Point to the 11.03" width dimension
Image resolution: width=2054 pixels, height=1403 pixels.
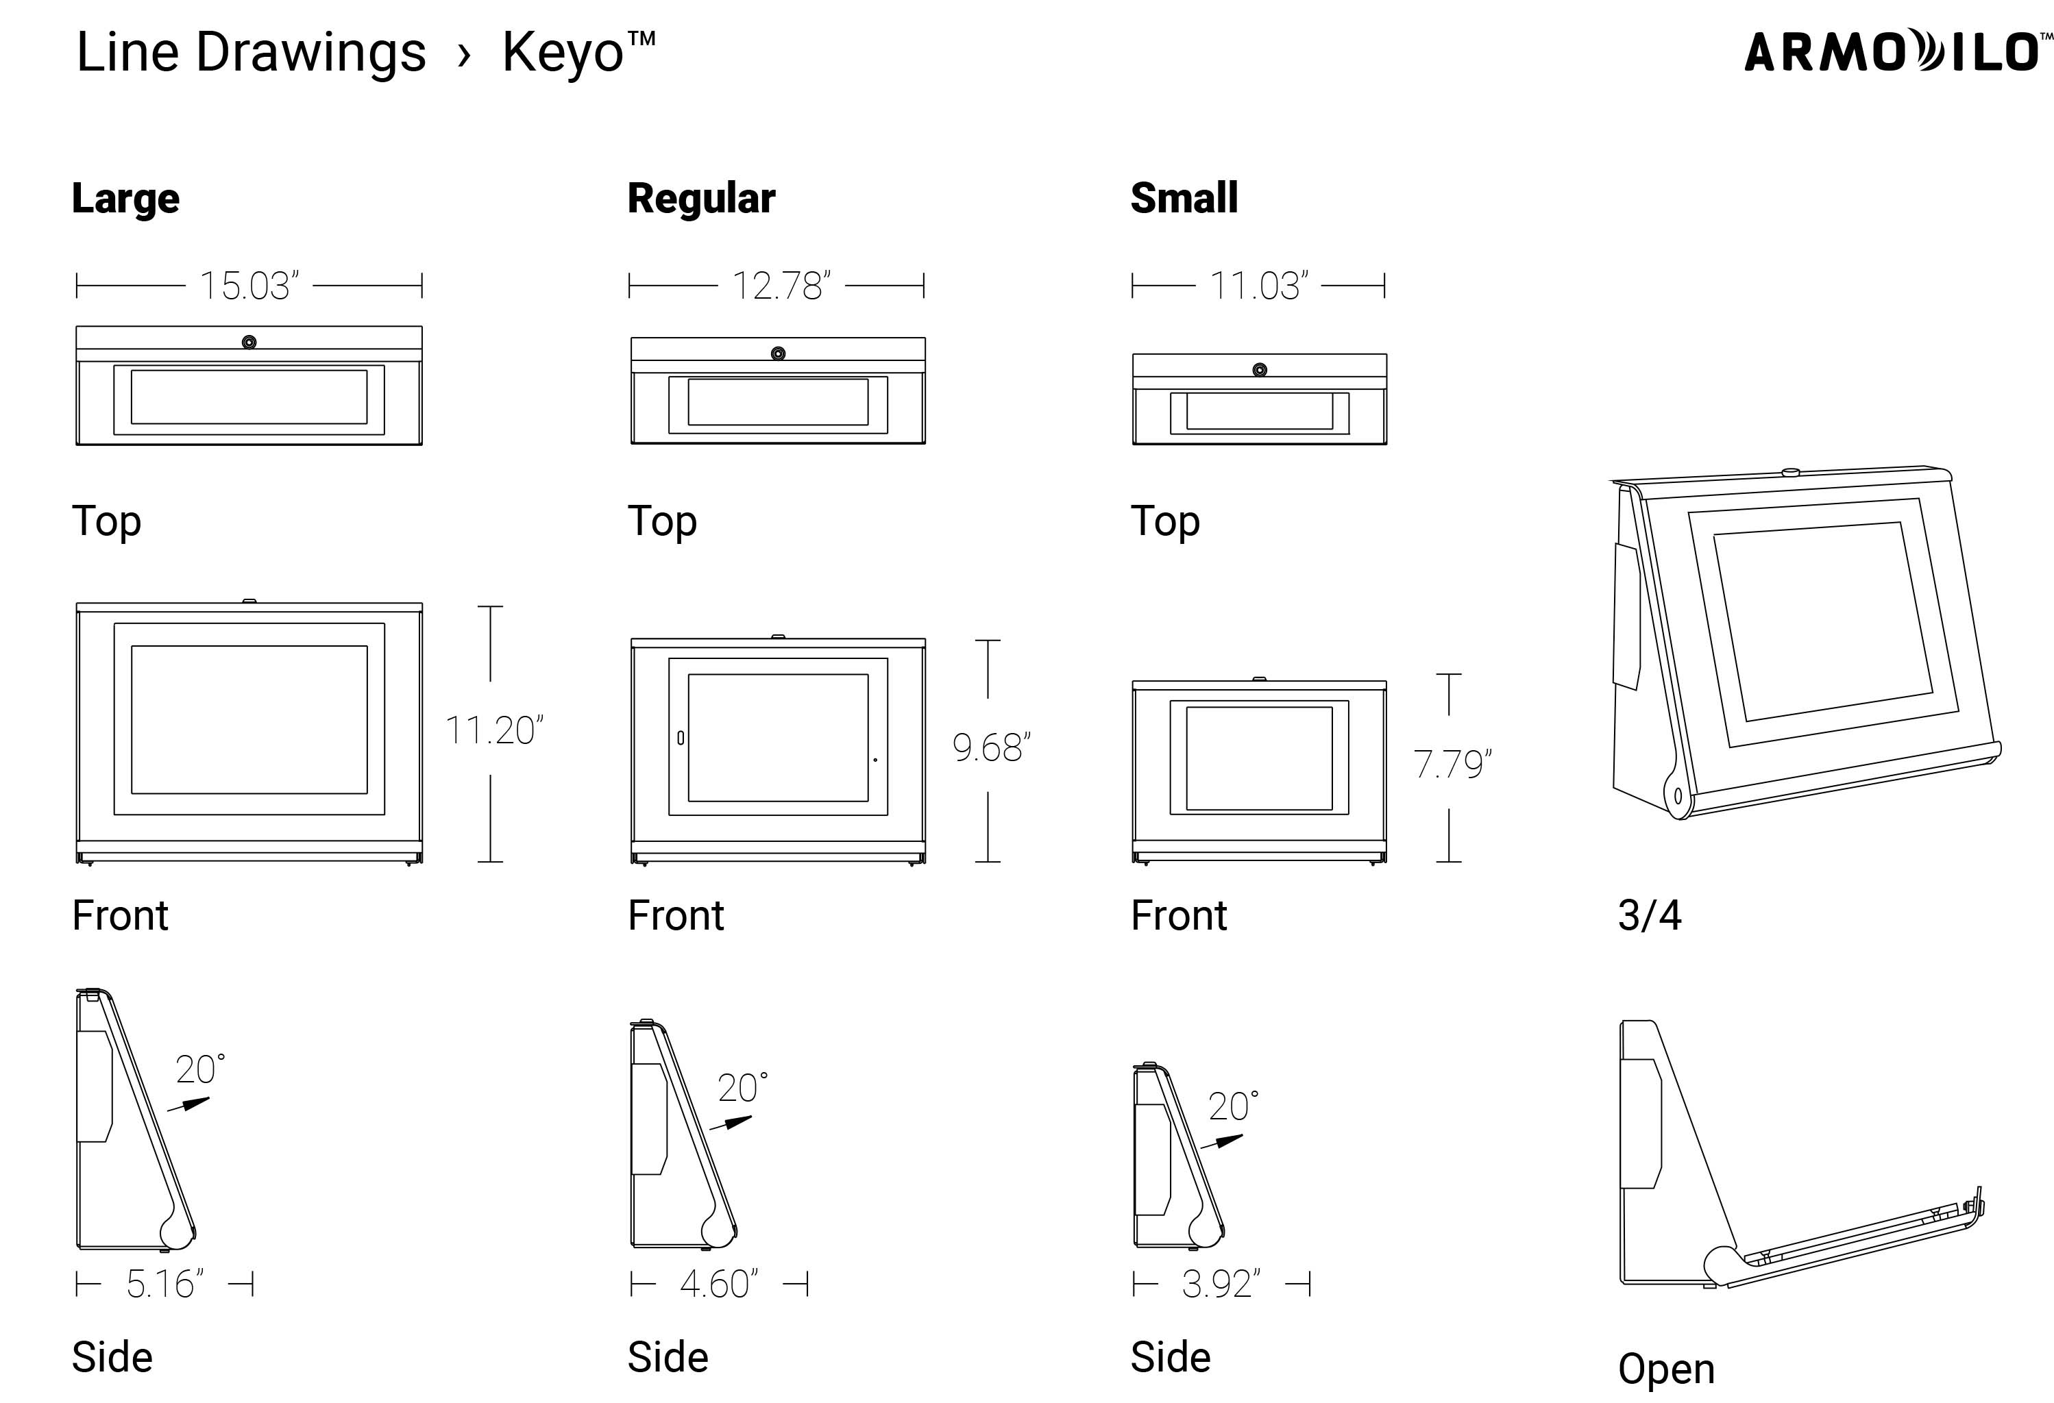(1258, 286)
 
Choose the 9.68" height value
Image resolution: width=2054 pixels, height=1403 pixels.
(990, 748)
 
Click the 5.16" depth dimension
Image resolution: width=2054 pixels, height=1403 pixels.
(164, 1284)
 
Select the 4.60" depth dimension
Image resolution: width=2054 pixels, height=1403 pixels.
(718, 1284)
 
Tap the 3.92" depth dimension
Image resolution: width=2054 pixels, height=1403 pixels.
(1221, 1284)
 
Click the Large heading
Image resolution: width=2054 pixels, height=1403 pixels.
(125, 198)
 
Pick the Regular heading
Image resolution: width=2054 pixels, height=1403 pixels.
(701, 198)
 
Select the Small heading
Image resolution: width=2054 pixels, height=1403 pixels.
(1184, 198)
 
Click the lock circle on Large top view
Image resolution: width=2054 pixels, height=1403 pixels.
(249, 342)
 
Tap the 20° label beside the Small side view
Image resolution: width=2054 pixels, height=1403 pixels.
(1232, 1106)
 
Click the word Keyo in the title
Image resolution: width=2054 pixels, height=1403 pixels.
(563, 53)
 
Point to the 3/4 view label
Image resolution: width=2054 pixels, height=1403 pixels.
(1649, 915)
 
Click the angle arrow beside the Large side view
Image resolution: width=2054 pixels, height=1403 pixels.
(189, 1104)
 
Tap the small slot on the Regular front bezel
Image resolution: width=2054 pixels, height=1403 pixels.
(681, 737)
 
